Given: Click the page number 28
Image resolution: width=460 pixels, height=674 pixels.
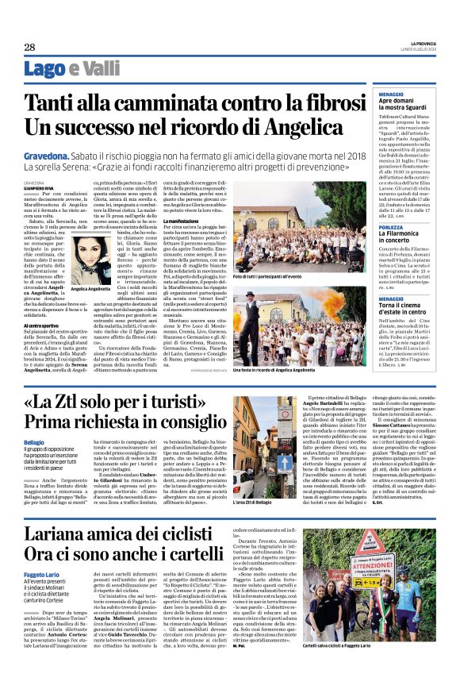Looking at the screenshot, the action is tap(29, 48).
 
